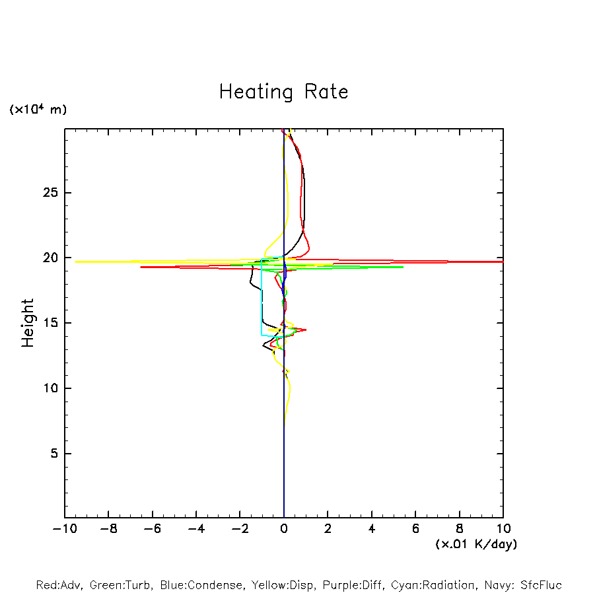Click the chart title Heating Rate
pos(283,92)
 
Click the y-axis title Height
pos(28,323)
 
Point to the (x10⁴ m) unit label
pos(38,110)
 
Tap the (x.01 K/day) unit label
pos(475,544)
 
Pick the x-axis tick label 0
pos(284,528)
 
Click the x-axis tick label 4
pos(372,528)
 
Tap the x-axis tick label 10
pos(503,528)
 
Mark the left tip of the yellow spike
pos(75,262)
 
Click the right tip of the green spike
pos(403,267)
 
